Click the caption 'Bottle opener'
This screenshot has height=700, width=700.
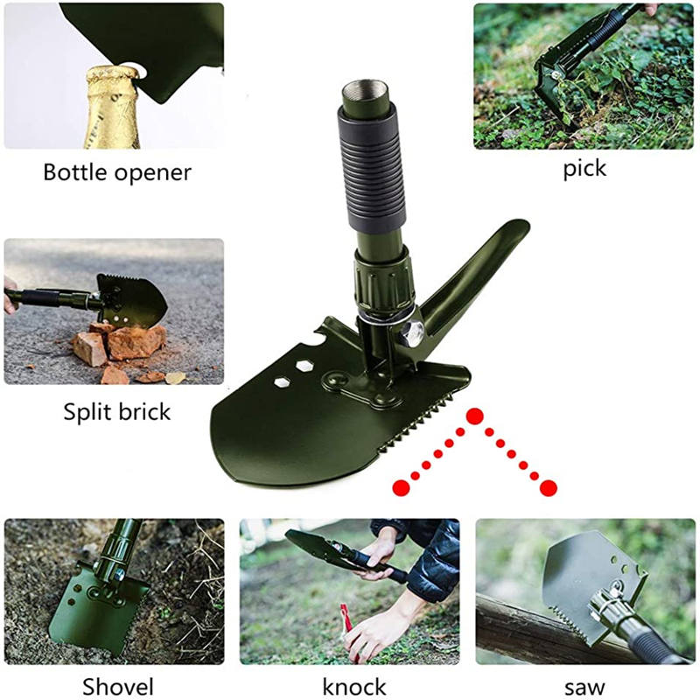(x=117, y=172)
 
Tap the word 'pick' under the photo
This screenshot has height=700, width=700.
(x=584, y=169)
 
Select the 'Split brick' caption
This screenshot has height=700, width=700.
(x=117, y=411)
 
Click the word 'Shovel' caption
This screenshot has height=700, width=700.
(x=118, y=687)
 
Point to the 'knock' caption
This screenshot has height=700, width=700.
(x=354, y=687)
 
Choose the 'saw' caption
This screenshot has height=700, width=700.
(x=584, y=688)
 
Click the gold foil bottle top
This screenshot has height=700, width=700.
(x=113, y=106)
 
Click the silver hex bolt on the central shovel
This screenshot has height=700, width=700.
(x=411, y=333)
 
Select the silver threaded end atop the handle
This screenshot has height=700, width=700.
(x=365, y=94)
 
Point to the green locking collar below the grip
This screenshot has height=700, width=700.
(x=384, y=281)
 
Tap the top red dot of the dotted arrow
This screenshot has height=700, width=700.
(x=475, y=416)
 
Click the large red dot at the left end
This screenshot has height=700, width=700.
(x=401, y=487)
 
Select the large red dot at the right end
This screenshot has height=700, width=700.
(x=549, y=487)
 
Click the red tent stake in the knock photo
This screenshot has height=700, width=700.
(x=346, y=619)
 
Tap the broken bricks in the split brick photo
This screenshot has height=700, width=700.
(x=121, y=348)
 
